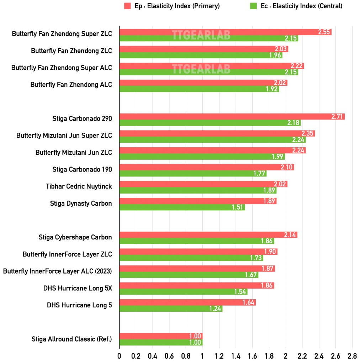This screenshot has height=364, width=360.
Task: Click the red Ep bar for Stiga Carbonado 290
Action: [231, 116]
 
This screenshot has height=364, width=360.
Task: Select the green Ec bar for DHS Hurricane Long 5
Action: [170, 308]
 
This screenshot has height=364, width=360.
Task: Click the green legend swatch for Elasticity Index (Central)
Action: [253, 6]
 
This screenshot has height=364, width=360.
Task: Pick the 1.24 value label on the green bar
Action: [215, 308]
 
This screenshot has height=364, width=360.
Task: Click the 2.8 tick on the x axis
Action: [352, 356]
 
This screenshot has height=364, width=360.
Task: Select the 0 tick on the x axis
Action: [119, 356]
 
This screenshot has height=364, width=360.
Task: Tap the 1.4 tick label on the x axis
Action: [235, 356]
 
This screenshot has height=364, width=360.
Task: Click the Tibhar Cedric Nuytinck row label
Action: [79, 186]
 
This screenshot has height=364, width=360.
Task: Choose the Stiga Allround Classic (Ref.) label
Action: [72, 339]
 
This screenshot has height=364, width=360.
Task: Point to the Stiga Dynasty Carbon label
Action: [81, 204]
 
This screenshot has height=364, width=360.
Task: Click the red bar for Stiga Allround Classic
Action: [160, 336]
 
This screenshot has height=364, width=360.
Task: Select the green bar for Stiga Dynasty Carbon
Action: [181, 207]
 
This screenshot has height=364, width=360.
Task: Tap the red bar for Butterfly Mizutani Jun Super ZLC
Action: [217, 133]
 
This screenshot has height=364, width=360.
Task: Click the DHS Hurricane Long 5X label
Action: [78, 288]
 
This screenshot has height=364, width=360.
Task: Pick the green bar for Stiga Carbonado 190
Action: [192, 173]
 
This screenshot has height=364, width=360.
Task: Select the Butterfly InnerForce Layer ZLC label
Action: [67, 254]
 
